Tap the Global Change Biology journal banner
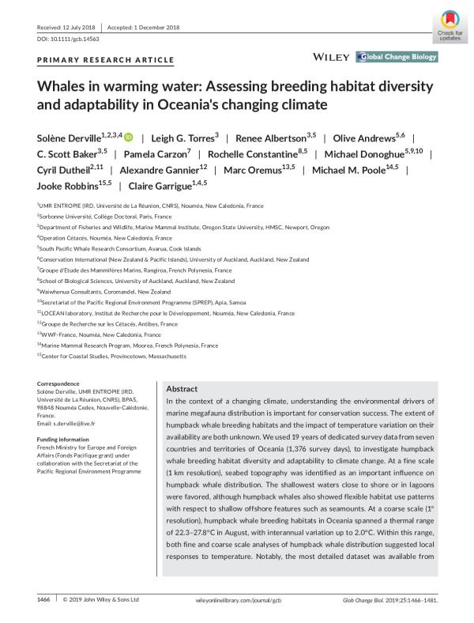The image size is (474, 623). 397,58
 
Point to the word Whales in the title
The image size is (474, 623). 66,86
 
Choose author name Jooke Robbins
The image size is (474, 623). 67,187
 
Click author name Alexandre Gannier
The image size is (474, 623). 158,170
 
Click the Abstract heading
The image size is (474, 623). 184,390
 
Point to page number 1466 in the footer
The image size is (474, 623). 43,600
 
